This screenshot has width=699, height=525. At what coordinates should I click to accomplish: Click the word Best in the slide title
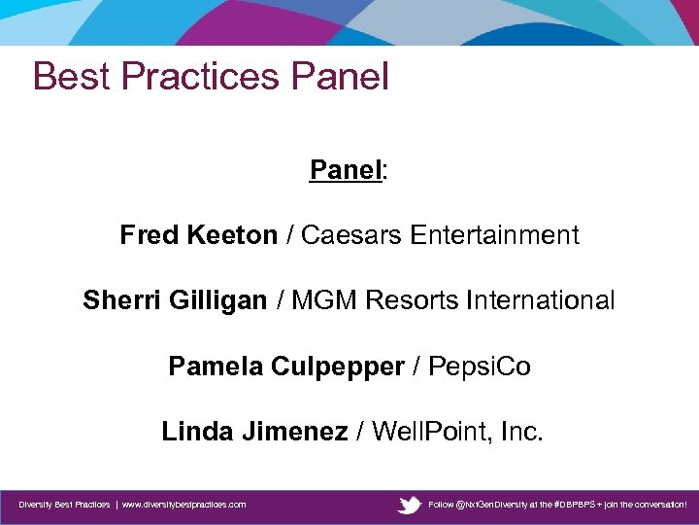tap(67, 76)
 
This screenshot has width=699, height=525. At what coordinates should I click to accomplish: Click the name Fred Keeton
tap(198, 235)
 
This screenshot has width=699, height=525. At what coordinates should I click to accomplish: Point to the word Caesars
tap(351, 235)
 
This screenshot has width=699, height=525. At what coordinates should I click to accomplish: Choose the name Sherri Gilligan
tap(175, 301)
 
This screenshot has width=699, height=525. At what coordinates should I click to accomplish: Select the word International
tap(541, 301)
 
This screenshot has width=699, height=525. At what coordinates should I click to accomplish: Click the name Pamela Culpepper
tap(285, 367)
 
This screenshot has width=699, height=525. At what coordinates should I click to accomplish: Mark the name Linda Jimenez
tap(254, 432)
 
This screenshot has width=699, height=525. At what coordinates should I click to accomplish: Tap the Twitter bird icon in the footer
tap(410, 505)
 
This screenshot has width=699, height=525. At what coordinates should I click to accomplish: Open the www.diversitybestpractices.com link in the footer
tap(183, 505)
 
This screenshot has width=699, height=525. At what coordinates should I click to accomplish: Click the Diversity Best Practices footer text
tap(64, 505)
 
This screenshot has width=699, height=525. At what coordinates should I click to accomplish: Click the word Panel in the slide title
tap(337, 76)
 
